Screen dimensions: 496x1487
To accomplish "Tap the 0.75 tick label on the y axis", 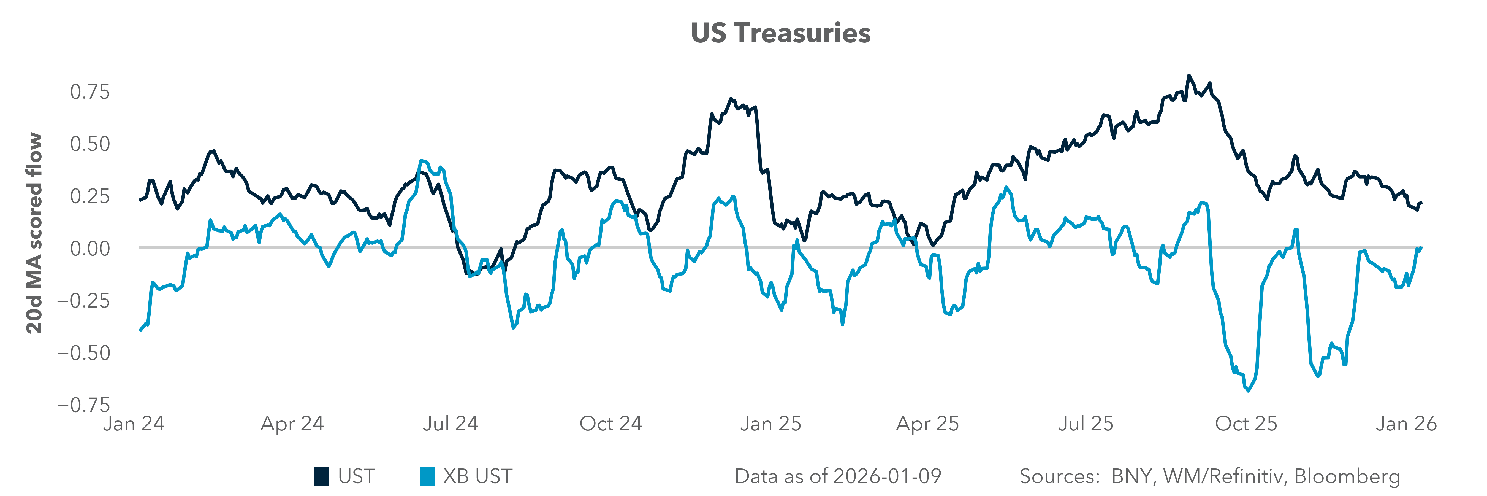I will (89, 92).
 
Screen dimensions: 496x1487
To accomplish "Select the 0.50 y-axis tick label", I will (89, 144).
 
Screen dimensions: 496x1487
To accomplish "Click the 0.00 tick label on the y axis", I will (89, 248).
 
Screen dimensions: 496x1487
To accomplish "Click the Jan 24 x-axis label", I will (134, 424).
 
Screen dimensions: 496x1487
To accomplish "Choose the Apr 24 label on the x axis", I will (292, 424).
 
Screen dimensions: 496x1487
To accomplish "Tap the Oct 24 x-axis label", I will (611, 424).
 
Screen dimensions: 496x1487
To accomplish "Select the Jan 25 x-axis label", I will (771, 424).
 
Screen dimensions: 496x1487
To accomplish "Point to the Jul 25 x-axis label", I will (1085, 424).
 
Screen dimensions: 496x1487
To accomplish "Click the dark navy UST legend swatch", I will (322, 476).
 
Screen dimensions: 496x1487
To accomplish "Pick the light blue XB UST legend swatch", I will (427, 476).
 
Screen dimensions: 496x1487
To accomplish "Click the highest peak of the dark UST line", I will (1188, 76).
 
